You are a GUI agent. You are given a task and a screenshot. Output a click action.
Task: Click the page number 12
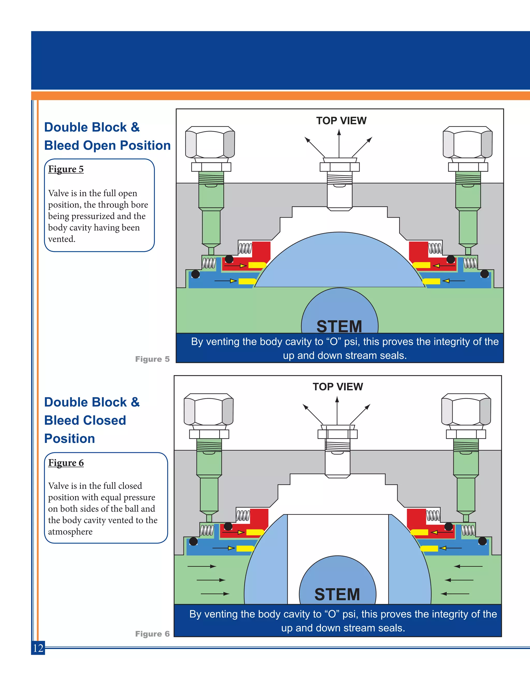point(38,648)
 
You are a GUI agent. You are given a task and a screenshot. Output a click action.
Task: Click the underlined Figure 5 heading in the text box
point(66,169)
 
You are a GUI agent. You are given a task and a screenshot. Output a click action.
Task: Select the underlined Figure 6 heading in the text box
point(66,463)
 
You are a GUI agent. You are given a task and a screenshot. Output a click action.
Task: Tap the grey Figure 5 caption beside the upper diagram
point(152,359)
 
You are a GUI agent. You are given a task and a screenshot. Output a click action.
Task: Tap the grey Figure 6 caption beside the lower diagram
point(152,634)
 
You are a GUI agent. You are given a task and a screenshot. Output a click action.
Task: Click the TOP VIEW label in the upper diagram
point(341,121)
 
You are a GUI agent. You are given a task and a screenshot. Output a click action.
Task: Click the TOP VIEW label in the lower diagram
point(338,387)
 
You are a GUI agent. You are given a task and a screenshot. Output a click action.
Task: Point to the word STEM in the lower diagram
point(337,594)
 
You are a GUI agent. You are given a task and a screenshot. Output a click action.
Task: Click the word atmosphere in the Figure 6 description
point(70,532)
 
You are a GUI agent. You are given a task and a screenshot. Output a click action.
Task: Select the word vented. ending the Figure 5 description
point(62,239)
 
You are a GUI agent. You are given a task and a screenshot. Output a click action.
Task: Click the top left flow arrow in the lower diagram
point(202,566)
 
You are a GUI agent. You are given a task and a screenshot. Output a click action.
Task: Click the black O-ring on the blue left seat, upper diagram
point(195,274)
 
